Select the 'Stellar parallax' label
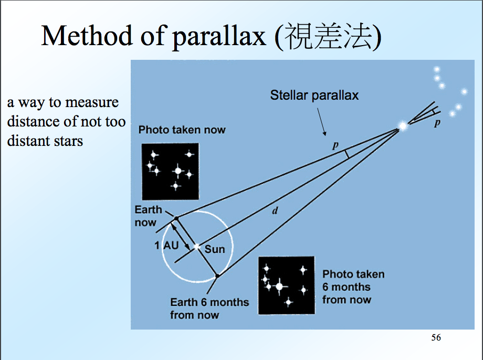tap(314, 95)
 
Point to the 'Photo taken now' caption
tap(182, 130)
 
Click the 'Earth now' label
tap(148, 216)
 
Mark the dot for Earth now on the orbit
tap(176, 218)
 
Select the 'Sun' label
tap(214, 249)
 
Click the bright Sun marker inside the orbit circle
tap(197, 246)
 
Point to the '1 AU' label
tap(165, 245)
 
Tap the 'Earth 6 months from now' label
tap(209, 309)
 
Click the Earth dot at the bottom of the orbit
tap(217, 276)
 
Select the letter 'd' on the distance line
tap(275, 211)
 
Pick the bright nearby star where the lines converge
tap(403, 126)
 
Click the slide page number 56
tap(436, 337)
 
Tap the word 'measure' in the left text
tap(91, 102)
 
